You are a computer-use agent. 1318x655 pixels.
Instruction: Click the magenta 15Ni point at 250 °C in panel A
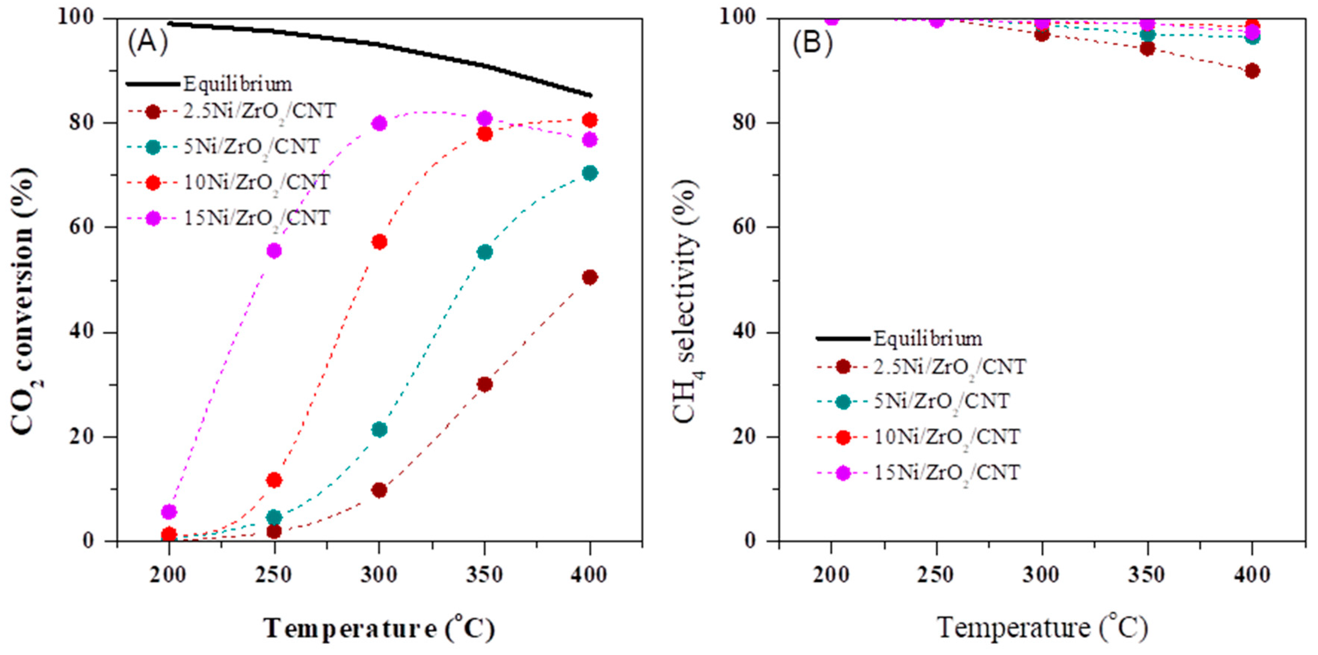[274, 251]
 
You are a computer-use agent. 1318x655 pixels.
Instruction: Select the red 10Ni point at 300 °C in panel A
[379, 241]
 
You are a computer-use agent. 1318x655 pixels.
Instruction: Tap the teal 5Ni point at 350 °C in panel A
[485, 252]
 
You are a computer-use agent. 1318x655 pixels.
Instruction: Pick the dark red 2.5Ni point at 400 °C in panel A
[590, 277]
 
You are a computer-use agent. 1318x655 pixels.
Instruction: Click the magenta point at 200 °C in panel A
[169, 511]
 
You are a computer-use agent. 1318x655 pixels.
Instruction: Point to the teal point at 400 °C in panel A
[590, 173]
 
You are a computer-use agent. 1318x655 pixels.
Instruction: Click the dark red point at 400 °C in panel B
[1252, 71]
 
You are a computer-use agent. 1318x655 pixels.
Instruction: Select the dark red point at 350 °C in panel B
[1147, 49]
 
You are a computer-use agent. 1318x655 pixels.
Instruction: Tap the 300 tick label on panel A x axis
[379, 575]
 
